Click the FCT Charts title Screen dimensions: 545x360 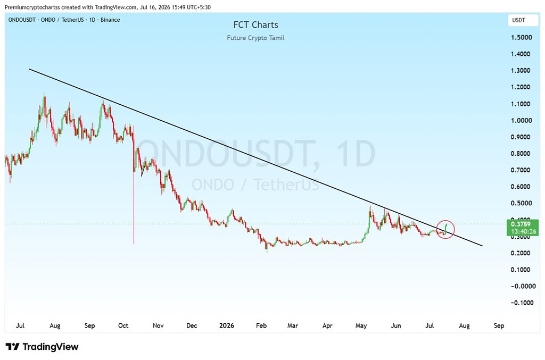tap(255, 24)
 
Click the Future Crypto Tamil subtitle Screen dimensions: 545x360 tap(255, 38)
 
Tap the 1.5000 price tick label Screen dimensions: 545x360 tap(522, 38)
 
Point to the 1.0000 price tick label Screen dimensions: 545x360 tap(522, 121)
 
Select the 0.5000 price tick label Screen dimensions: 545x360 tap(522, 203)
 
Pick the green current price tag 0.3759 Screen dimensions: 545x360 tap(523, 228)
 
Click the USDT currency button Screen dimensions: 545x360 tap(523, 20)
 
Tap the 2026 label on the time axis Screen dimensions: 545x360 tap(227, 325)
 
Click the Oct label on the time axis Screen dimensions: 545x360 tap(123, 325)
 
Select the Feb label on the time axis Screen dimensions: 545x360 tap(261, 325)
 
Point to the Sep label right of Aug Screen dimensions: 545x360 tap(499, 325)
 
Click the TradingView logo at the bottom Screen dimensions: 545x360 tap(42, 347)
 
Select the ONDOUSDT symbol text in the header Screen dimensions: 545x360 tap(22, 20)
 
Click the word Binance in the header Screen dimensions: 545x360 tap(110, 20)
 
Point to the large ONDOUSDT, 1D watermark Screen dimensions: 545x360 tap(255, 154)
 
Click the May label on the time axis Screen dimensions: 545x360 tap(361, 325)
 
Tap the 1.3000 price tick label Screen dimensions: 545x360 tap(522, 71)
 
